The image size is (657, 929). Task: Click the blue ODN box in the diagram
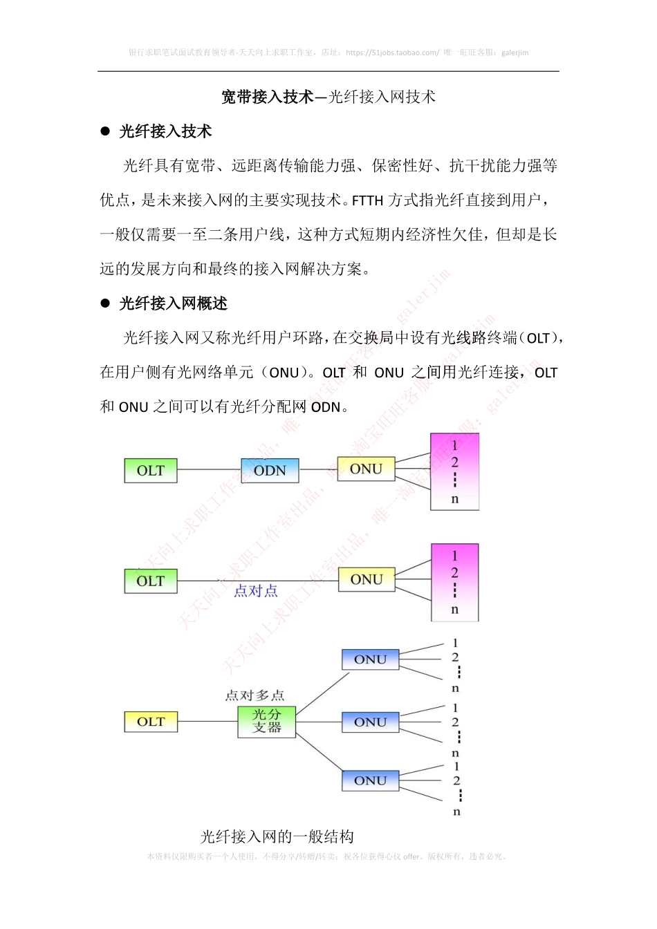point(270,470)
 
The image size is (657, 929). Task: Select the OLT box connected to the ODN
point(150,470)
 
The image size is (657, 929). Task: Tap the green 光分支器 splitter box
point(266,721)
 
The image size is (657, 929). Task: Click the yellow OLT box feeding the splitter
point(150,722)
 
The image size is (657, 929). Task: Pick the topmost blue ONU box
point(370,659)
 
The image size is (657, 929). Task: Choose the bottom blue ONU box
point(370,780)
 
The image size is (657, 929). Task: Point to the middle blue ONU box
point(370,722)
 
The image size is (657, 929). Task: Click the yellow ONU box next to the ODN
point(366,469)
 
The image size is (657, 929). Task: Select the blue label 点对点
point(256,591)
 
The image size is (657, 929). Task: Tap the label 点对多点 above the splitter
point(255,695)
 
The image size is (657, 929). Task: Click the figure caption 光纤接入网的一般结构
point(277,837)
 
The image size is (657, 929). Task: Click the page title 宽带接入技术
point(267,97)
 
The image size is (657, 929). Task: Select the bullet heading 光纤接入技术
point(165,131)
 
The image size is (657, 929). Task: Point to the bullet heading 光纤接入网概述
point(173,303)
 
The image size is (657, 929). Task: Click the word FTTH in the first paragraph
point(367,201)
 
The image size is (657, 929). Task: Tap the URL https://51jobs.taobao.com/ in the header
point(392,53)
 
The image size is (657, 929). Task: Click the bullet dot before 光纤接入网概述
point(105,303)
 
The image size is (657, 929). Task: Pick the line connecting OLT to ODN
point(209,470)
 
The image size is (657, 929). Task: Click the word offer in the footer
point(411,856)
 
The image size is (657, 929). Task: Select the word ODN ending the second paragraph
point(326,407)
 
